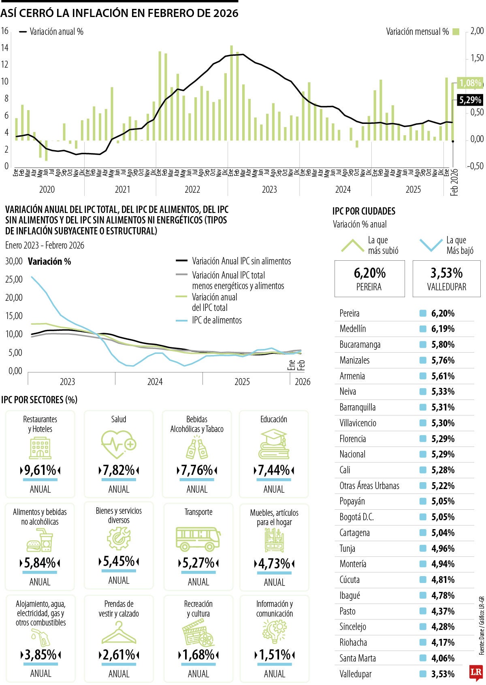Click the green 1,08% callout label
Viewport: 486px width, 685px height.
point(470,83)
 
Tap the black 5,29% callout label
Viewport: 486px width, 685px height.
point(470,100)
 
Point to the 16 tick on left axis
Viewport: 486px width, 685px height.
point(4,31)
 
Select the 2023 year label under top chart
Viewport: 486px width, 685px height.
point(269,189)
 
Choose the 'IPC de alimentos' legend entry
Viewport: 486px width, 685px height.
point(217,320)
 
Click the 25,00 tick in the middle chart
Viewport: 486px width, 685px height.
point(14,279)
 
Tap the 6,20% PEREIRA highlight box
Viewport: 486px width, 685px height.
point(369,279)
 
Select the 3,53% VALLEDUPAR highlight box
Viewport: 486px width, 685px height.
point(446,279)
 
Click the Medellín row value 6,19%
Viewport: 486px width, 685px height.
point(443,329)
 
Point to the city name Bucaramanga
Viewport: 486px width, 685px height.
point(360,345)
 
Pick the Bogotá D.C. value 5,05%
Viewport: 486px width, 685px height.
point(443,517)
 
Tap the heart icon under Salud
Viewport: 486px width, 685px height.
point(118,444)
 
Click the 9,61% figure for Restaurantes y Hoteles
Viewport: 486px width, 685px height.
point(40,470)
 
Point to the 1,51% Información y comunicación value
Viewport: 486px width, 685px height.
point(274,655)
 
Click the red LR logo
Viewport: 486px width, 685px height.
point(476,672)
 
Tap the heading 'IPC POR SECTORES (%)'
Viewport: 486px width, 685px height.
point(39,400)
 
